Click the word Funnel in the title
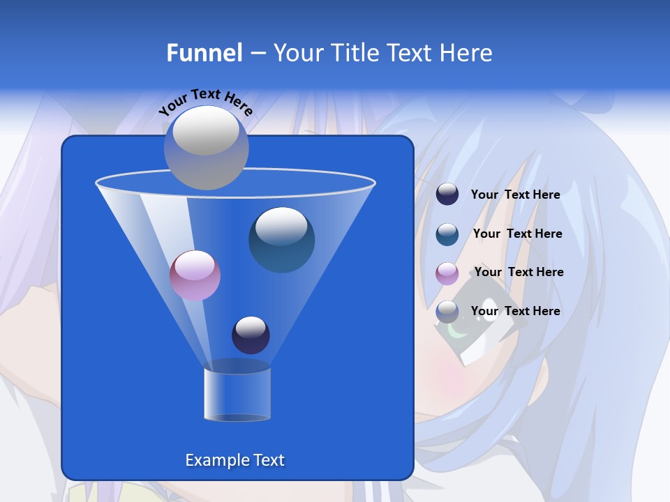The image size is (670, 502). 204,53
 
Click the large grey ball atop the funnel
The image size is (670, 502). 206,147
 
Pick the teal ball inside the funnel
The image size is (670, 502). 281,239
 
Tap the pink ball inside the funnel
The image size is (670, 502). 195,275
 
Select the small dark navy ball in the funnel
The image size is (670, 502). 251,335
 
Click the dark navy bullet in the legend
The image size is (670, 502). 447,195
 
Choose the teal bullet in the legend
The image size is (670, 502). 447,234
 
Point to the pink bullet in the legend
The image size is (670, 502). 447,273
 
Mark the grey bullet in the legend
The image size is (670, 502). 447,312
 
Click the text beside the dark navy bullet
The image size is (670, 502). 515,195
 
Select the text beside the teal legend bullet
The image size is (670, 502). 517,234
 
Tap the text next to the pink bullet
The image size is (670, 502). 519,272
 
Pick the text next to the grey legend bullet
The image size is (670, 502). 515,311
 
